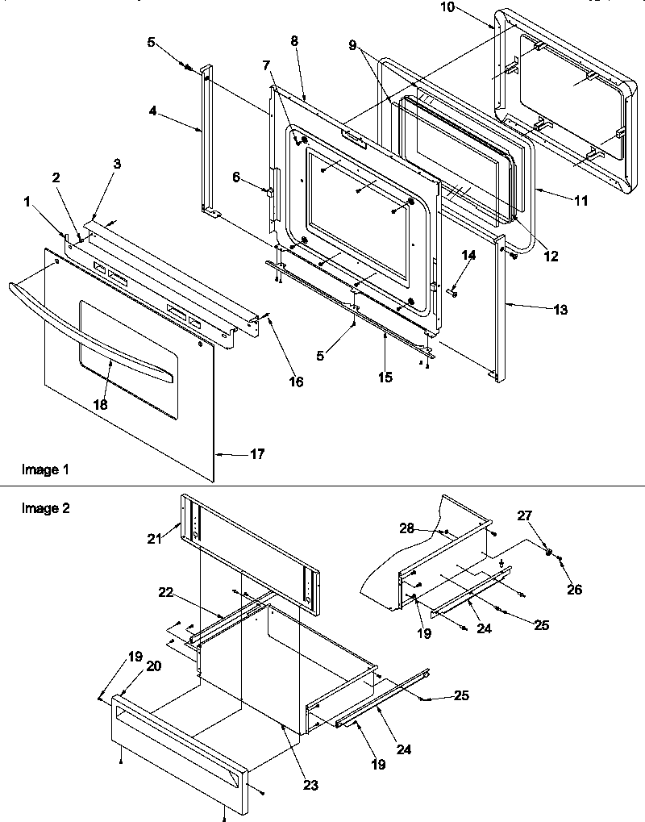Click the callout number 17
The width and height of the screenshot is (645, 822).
[256, 455]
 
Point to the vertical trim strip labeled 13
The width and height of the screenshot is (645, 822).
[501, 307]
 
